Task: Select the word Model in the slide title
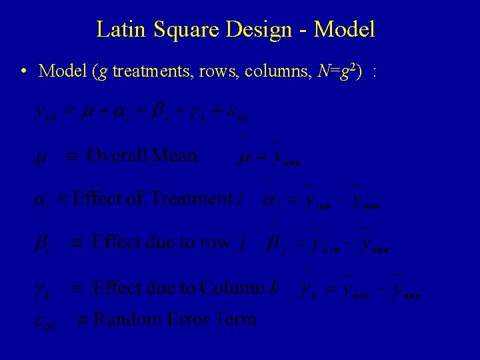click(x=344, y=29)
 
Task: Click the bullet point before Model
click(x=23, y=71)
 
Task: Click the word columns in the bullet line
click(x=262, y=71)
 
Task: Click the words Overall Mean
click(x=142, y=156)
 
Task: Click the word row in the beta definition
click(x=215, y=242)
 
